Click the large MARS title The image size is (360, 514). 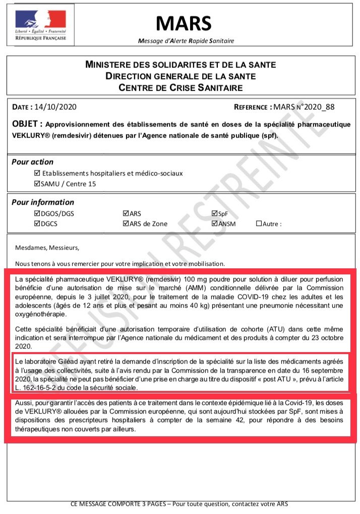(x=184, y=23)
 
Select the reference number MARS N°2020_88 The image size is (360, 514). (x=303, y=107)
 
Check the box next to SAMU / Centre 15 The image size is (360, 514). (x=36, y=184)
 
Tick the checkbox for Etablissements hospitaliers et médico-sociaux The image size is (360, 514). (x=36, y=173)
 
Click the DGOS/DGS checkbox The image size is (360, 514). (x=36, y=213)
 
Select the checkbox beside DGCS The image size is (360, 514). (x=36, y=223)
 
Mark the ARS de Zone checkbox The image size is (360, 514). (x=126, y=223)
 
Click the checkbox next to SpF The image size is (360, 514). (x=215, y=213)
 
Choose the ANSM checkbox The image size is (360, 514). (x=215, y=223)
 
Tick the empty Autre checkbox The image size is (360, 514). (x=259, y=223)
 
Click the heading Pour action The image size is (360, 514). (x=32, y=162)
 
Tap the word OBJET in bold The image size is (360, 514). (x=27, y=124)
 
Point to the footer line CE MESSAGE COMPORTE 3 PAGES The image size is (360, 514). (x=180, y=504)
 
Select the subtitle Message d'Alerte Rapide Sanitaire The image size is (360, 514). (x=186, y=40)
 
